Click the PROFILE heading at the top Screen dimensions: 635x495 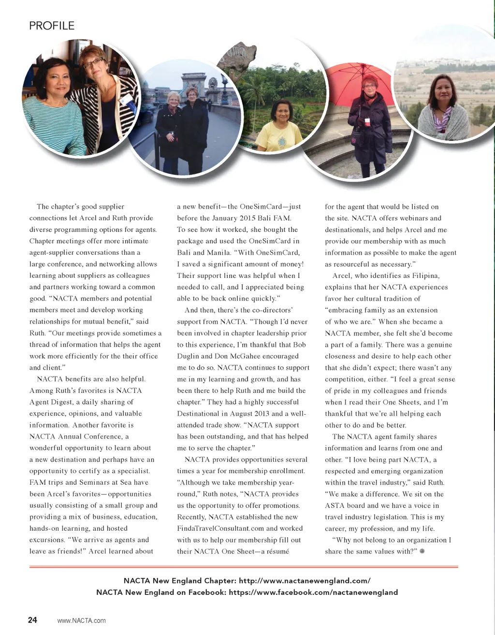pyautogui.click(x=52, y=26)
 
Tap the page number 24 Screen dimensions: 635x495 pyautogui.click(x=32, y=620)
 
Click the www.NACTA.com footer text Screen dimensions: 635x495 pyautogui.click(x=81, y=621)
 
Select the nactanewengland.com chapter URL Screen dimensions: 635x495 pyautogui.click(x=305, y=580)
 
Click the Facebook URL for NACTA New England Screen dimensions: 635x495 pyautogui.click(x=313, y=592)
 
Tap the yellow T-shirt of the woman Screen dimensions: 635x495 pyautogui.click(x=279, y=137)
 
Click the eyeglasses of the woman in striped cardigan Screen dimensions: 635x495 pyautogui.click(x=93, y=61)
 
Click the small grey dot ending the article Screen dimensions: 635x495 pyautogui.click(x=422, y=551)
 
